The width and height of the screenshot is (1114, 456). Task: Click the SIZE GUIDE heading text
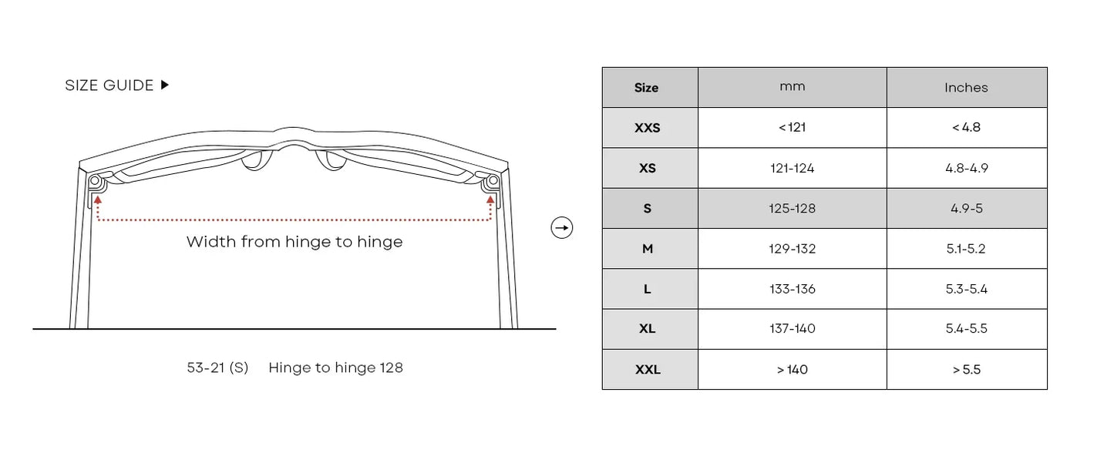click(109, 85)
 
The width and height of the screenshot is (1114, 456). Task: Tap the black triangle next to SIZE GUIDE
click(165, 85)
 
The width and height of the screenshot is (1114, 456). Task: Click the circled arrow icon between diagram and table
click(562, 228)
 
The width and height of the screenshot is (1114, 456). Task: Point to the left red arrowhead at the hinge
click(98, 199)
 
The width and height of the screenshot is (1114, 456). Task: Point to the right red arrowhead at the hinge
click(490, 199)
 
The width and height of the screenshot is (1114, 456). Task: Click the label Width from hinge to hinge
click(294, 242)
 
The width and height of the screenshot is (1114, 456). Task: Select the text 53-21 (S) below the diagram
click(217, 367)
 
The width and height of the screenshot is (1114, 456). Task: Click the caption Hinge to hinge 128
click(335, 367)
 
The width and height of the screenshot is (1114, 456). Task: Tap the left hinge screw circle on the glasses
click(95, 181)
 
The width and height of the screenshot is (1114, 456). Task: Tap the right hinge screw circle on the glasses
click(493, 181)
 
